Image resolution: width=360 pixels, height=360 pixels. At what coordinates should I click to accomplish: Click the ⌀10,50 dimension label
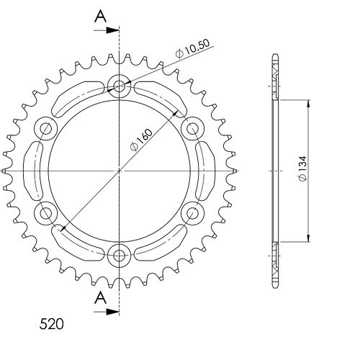(x=192, y=48)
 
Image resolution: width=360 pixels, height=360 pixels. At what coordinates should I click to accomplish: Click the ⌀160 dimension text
(x=141, y=140)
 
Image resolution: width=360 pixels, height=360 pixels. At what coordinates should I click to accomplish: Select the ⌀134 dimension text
(x=303, y=168)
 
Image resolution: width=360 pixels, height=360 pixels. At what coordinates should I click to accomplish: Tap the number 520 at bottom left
(x=52, y=324)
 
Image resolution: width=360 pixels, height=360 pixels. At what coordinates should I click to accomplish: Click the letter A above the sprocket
(x=100, y=17)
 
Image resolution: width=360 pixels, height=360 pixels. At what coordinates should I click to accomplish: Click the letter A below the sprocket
(x=100, y=298)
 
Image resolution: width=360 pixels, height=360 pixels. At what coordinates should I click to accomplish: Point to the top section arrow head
(x=112, y=30)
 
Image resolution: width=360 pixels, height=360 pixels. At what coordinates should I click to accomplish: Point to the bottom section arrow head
(x=112, y=312)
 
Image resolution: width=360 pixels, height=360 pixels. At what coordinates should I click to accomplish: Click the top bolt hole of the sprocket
(x=120, y=86)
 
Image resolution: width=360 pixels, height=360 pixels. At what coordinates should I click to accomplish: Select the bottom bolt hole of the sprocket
(x=120, y=256)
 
